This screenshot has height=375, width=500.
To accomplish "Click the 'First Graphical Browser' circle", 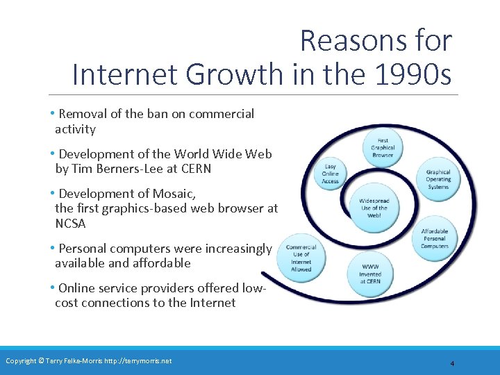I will pyautogui.click(x=383, y=147).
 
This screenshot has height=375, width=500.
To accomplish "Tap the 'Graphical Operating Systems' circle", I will pyautogui.click(x=438, y=180).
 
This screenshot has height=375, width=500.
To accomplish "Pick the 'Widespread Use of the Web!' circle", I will pyautogui.click(x=374, y=208).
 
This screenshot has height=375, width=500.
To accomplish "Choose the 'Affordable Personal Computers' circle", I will pyautogui.click(x=435, y=238).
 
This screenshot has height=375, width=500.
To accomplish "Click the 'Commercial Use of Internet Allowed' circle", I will pyautogui.click(x=301, y=258).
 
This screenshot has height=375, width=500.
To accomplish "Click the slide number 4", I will pyautogui.click(x=452, y=363).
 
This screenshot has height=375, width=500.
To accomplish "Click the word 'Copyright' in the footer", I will pyautogui.click(x=22, y=360).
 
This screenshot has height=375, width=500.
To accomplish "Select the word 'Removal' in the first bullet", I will pyautogui.click(x=82, y=114).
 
